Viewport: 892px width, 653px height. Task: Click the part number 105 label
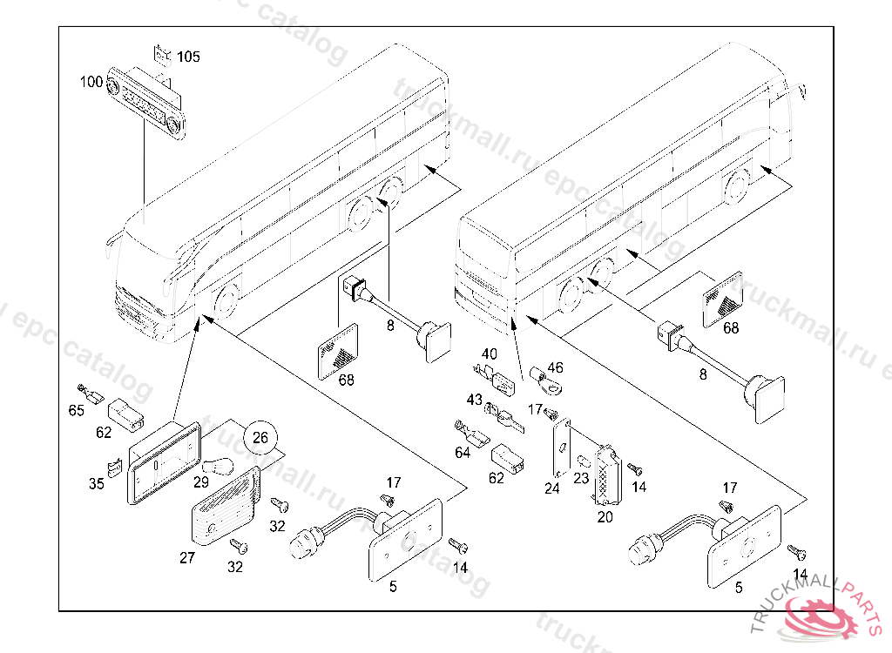[188, 57]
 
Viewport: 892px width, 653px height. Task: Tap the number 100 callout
[91, 82]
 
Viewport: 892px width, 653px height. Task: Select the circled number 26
[260, 437]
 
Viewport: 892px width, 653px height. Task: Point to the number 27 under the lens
[187, 558]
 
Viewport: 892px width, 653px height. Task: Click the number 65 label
[77, 410]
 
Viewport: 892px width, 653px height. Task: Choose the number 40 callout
[490, 354]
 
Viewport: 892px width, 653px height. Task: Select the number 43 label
[474, 400]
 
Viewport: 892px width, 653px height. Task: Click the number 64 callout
[463, 453]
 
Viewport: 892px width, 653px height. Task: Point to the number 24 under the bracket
[552, 488]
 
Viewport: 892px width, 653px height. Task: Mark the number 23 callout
[581, 478]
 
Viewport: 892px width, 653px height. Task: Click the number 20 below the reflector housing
[605, 516]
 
